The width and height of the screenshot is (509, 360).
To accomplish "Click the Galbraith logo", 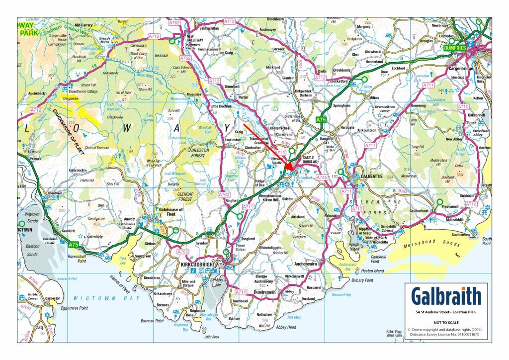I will point(446,297).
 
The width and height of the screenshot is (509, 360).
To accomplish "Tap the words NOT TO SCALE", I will point(446,322).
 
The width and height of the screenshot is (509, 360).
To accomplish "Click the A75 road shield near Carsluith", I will point(74,245).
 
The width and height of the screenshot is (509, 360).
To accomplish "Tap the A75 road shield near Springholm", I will point(322,119).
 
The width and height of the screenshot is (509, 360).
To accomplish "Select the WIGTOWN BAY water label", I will point(94,298).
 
